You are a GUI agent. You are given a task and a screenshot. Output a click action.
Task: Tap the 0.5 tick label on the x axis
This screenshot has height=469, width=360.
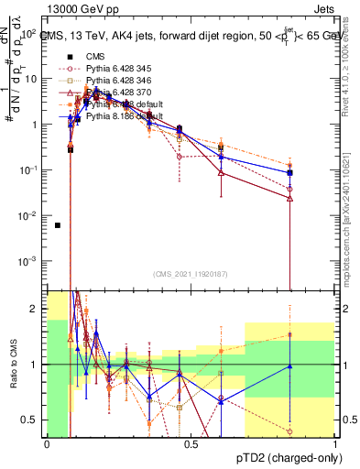tap(191, 444)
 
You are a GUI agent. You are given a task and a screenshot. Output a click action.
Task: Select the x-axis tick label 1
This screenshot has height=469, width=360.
tap(336, 444)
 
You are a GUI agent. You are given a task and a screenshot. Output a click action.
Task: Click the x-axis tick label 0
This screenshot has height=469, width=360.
tap(47, 444)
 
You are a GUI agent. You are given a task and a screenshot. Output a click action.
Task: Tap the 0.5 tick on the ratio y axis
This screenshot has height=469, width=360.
tap(32, 420)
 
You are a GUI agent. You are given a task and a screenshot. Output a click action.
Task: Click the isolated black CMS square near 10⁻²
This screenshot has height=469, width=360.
tap(58, 225)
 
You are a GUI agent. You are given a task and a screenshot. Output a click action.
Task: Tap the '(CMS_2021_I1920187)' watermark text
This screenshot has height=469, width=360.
tap(191, 274)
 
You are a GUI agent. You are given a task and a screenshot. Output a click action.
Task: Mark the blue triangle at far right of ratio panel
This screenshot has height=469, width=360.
tap(290, 366)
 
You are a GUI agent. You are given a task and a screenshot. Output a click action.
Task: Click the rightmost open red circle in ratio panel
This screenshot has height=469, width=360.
tap(290, 431)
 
